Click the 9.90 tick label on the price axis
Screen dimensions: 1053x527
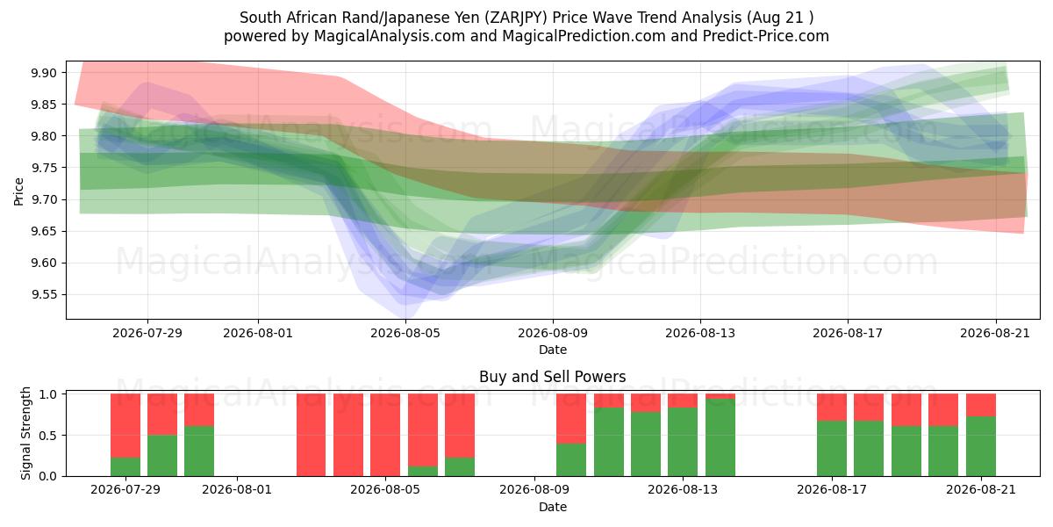tap(44, 73)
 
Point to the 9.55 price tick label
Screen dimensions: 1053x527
tap(44, 294)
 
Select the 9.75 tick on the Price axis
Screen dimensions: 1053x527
tap(44, 168)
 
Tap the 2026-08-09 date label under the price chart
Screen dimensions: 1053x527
tap(553, 333)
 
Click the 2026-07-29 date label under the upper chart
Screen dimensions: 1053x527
tap(147, 333)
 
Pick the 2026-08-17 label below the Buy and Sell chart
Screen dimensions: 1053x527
tap(832, 489)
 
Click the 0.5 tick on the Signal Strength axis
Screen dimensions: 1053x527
tap(47, 436)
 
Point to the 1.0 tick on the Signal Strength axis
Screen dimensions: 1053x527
tap(47, 394)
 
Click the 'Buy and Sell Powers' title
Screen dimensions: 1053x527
tap(552, 377)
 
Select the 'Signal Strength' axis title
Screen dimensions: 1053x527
tap(25, 433)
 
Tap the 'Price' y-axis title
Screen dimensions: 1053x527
tap(18, 191)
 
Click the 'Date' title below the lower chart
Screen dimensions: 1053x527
tap(552, 507)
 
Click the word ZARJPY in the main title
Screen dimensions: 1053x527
tap(517, 18)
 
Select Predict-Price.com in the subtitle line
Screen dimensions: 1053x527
tap(766, 36)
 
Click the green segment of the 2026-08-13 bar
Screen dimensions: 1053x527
tap(683, 442)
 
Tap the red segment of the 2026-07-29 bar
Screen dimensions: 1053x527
tap(125, 425)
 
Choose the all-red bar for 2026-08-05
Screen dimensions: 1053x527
tap(385, 435)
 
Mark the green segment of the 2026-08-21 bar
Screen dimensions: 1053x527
tap(981, 446)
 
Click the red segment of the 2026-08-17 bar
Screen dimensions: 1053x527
tap(832, 407)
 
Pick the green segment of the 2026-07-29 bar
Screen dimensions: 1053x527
tap(125, 466)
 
